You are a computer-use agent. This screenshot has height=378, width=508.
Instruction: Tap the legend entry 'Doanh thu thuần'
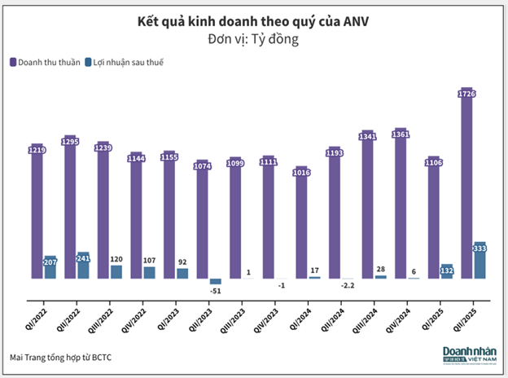[x=43, y=61]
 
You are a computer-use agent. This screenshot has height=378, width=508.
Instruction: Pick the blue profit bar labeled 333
[x=480, y=261]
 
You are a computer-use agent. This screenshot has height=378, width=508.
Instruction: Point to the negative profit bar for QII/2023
[x=216, y=282]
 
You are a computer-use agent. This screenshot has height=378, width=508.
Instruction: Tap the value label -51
[x=217, y=291]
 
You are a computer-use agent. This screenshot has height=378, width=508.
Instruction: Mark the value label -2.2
[x=348, y=286]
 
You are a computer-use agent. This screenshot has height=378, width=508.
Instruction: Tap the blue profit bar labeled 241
[x=83, y=265]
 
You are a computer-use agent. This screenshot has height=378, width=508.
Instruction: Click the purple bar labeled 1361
[x=401, y=204]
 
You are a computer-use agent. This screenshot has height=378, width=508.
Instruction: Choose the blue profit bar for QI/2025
[x=446, y=271]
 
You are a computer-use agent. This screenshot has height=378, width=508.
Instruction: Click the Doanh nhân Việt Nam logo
[x=468, y=357]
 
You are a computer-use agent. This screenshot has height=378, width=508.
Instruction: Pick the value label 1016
[x=301, y=171]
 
